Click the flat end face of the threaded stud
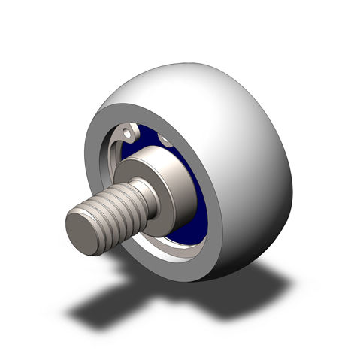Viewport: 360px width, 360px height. (x=84, y=231)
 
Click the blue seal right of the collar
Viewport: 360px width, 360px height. (x=199, y=203)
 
